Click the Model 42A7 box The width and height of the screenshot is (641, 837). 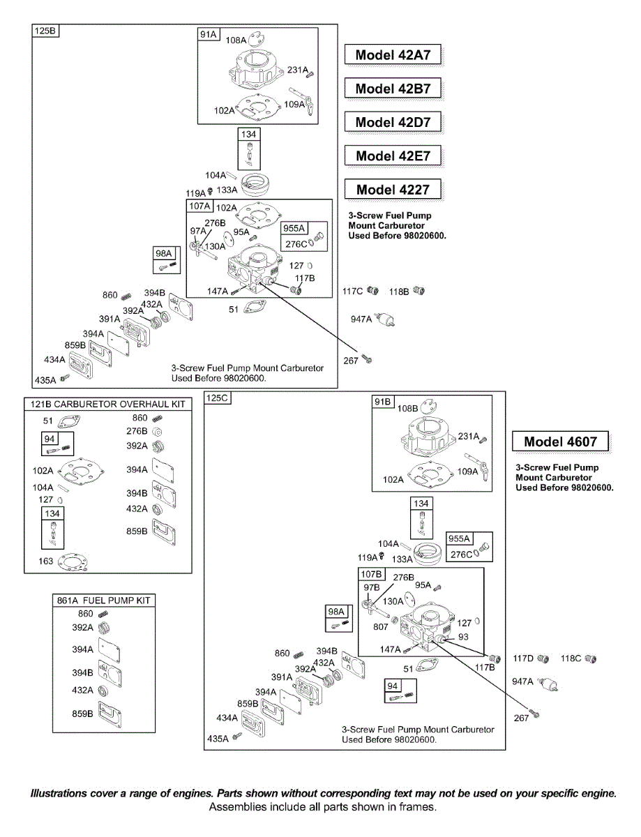tap(393, 55)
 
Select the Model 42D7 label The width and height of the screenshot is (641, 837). tap(393, 122)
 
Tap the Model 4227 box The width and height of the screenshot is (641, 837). tap(393, 189)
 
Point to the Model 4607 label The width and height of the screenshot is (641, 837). tap(560, 442)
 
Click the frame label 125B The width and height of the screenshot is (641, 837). tap(47, 31)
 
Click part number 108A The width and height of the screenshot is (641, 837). tap(236, 40)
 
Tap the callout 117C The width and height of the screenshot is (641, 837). tap(353, 291)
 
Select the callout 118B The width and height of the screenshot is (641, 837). tap(399, 291)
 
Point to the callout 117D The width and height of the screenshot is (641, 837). tap(522, 658)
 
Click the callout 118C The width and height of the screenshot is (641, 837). tap(571, 658)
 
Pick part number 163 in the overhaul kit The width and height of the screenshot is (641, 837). tap(46, 561)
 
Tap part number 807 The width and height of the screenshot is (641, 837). tap(380, 626)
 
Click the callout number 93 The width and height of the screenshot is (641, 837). tap(464, 637)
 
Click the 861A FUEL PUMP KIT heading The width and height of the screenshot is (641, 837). tap(104, 601)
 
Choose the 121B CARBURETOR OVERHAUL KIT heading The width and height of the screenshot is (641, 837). tap(108, 404)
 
